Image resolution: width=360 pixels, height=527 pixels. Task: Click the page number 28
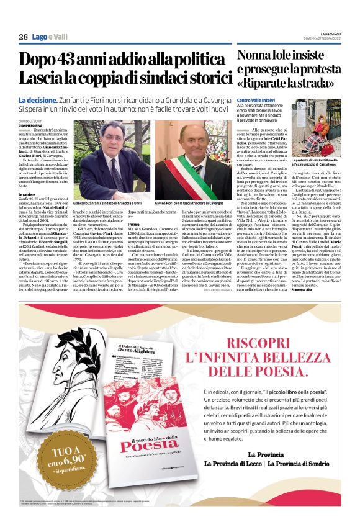click(23, 37)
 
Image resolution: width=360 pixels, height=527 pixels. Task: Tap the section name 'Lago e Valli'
click(49, 37)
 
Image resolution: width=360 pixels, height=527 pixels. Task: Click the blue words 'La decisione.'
click(39, 99)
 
